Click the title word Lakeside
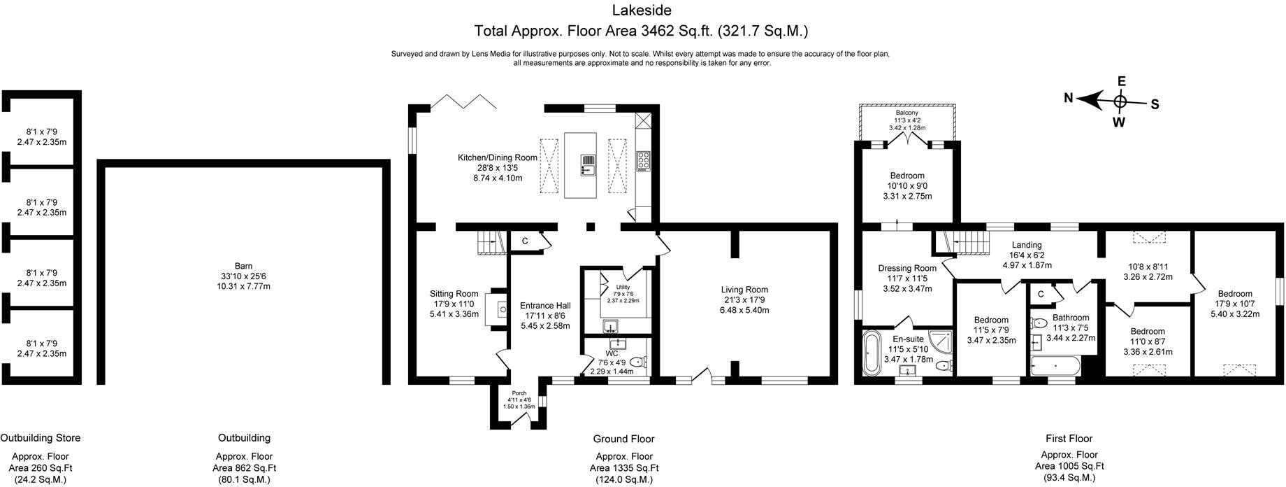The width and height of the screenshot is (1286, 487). click(642, 10)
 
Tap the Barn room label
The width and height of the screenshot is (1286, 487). click(243, 266)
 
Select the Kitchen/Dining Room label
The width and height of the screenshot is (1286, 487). click(498, 157)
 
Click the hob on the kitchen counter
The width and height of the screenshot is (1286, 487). click(643, 161)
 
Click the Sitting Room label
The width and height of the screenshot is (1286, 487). click(454, 294)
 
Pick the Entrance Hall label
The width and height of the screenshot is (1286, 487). click(545, 306)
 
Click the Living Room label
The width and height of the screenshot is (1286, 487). click(745, 290)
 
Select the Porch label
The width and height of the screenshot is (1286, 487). click(519, 393)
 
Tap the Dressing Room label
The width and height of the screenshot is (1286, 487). click(907, 268)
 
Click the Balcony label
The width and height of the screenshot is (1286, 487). click(907, 113)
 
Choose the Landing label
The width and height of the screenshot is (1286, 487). click(1027, 245)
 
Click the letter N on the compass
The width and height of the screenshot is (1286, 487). click(1069, 99)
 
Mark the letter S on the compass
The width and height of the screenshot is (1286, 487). click(1155, 104)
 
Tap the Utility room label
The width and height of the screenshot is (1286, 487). click(623, 288)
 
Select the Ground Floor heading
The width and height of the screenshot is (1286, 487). click(623, 439)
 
